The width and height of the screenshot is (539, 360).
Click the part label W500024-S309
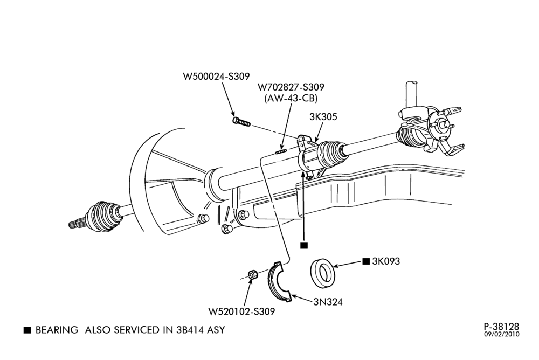[x=216, y=77]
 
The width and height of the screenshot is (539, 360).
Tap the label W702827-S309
[x=291, y=87]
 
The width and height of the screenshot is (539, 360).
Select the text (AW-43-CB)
[x=291, y=98]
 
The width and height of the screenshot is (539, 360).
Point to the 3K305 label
[x=323, y=117]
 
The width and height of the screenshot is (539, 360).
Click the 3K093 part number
[x=386, y=261]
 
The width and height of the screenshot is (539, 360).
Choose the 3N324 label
[x=328, y=302]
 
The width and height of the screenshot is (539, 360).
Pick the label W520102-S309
[x=241, y=312]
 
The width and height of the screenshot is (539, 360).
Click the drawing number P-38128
[x=501, y=326]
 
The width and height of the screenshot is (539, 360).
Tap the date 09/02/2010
[x=502, y=334]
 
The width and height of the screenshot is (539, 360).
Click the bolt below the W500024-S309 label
[x=241, y=121]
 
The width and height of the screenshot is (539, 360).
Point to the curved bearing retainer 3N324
[x=279, y=282]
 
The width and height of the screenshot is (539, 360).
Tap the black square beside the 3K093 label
[x=366, y=261]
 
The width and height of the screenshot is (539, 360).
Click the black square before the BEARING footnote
[x=27, y=330]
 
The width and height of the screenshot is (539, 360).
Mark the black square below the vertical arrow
[x=304, y=245]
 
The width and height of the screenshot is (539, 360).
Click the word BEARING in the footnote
[x=57, y=330]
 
